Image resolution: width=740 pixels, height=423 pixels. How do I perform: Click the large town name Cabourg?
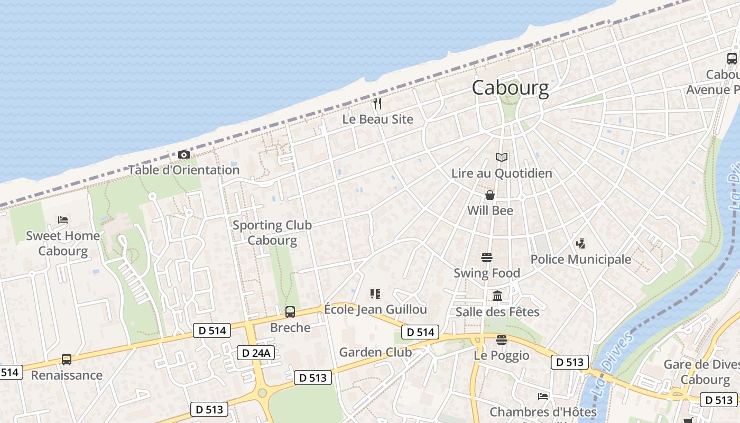510,88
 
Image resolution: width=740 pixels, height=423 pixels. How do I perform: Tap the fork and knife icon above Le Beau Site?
377,103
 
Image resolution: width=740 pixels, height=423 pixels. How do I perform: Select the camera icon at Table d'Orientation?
184,154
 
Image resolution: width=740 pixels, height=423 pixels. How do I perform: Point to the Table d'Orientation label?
184,170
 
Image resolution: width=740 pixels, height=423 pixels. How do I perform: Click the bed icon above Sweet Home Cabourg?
63,219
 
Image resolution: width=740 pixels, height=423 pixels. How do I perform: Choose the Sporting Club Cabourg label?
272,233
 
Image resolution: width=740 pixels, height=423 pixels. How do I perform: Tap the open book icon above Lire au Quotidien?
501,157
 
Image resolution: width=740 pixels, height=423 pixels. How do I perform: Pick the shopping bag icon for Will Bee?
490,195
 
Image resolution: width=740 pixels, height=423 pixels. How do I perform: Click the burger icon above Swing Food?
487,258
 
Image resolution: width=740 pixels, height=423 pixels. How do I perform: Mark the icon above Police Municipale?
580,244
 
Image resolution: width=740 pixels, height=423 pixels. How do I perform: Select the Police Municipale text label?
580,259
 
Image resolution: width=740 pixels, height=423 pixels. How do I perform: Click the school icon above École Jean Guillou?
375,294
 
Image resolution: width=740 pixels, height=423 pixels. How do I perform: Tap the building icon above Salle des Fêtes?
497,296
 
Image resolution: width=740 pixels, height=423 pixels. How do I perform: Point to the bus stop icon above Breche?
290,312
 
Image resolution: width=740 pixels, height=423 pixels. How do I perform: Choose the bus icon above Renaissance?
67,360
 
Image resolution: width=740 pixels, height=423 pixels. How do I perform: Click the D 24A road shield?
256,353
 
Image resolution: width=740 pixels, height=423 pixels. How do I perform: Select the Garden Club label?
375,352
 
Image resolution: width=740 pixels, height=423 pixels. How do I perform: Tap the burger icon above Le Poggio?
501,339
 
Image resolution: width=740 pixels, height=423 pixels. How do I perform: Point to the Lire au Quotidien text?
501,173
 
